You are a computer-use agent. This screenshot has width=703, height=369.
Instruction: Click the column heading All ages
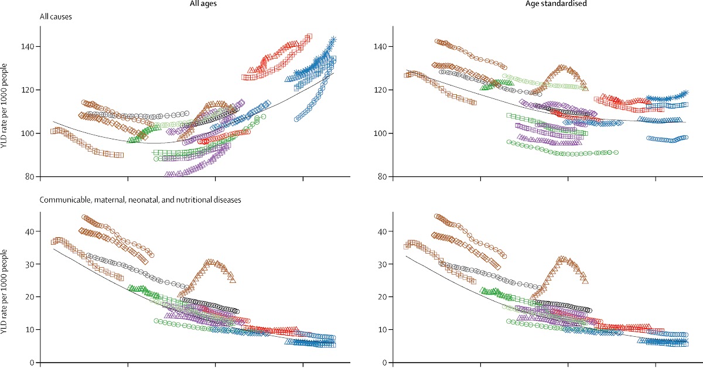click(186, 5)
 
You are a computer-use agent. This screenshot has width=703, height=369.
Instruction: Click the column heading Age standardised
click(537, 5)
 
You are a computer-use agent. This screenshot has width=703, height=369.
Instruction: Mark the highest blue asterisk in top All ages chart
click(333, 39)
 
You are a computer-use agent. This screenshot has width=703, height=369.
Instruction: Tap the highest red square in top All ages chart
click(309, 36)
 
